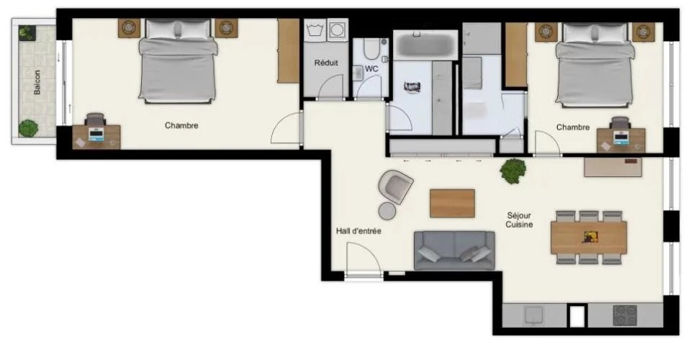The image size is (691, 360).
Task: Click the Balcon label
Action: [37, 82]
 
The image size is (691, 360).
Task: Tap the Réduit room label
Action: [325, 63]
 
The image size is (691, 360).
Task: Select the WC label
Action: [371, 68]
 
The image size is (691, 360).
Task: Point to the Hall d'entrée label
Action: [358, 231]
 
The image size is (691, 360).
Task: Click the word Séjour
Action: [519, 215]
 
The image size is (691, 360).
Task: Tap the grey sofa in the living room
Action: [454, 251]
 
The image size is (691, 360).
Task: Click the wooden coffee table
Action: [452, 203]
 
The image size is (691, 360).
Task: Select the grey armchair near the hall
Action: [395, 186]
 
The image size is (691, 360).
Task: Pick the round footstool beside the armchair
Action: [387, 211]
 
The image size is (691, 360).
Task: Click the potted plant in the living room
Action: [513, 171]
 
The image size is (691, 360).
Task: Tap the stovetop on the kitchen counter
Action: [625, 315]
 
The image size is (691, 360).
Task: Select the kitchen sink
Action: [534, 315]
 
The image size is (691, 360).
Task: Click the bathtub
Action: [425, 45]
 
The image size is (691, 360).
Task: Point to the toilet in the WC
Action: [371, 48]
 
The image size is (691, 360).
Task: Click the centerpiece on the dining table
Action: [590, 237]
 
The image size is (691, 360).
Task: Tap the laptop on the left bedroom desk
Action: [96, 134]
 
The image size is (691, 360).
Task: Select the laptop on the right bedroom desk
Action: [621, 138]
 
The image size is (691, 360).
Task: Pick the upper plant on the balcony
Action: [27, 32]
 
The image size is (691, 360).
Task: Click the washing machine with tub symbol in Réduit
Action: [315, 30]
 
